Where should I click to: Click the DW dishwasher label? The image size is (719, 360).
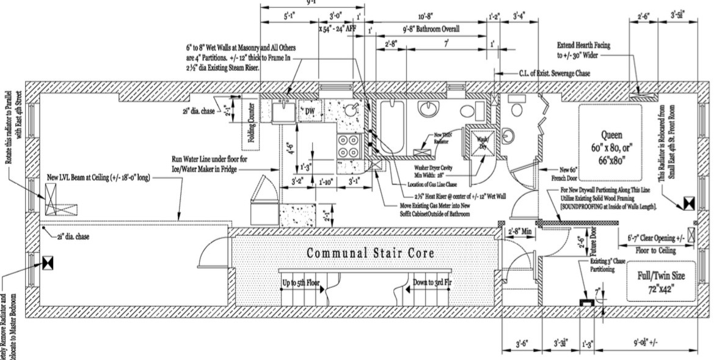click(x=309, y=110)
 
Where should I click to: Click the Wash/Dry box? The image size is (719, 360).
click(x=480, y=142)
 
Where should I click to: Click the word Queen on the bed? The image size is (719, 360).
click(x=611, y=134)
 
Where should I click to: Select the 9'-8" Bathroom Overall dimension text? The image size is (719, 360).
click(x=431, y=29)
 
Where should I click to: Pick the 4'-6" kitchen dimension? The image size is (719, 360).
click(x=293, y=149)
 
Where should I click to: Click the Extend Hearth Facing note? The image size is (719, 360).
click(x=583, y=46)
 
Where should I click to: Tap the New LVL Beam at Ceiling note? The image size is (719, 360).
click(x=98, y=178)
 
